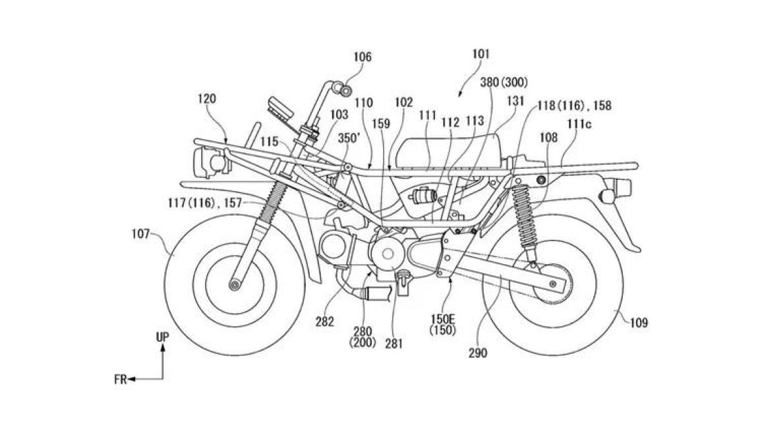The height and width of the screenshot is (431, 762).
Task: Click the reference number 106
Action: click(362, 57)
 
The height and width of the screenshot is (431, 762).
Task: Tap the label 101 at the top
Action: click(481, 54)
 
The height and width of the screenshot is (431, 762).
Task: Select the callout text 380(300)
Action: click(504, 82)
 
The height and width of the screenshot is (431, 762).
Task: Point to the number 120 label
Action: click(206, 99)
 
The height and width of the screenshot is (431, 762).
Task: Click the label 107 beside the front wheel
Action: click(140, 234)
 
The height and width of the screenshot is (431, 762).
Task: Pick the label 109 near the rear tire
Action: click(639, 323)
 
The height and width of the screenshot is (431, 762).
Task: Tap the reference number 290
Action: click(478, 353)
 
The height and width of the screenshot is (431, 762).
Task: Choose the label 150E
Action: click(443, 319)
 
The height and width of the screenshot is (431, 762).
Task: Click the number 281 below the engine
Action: click(394, 343)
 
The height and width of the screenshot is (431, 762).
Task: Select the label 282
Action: click(324, 321)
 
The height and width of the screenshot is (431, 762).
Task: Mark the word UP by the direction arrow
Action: click(162, 336)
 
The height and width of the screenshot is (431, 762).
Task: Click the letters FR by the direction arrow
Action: click(120, 380)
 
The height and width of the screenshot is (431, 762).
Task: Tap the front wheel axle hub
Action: click(235, 285)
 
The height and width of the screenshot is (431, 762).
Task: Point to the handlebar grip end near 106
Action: click(345, 91)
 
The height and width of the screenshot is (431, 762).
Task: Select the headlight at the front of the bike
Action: click(208, 163)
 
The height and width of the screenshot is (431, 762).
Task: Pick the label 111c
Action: click(578, 125)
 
